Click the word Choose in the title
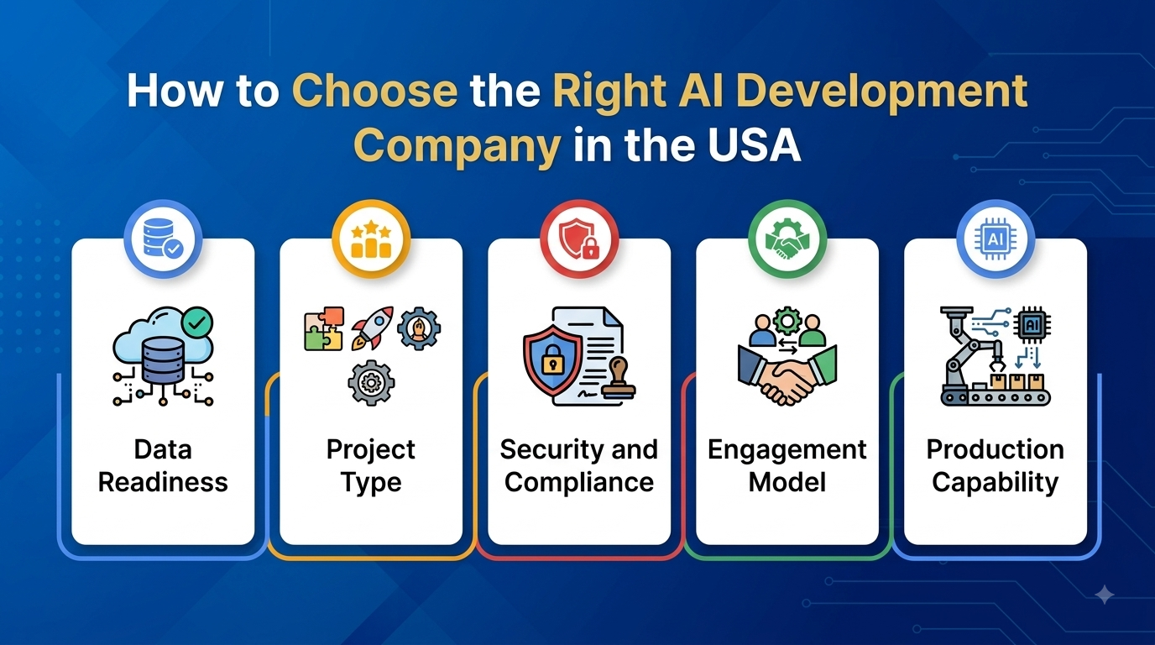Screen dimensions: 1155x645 pos(375,91)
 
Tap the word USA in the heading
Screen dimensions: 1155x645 pos(754,144)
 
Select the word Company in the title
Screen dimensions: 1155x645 pos(457,146)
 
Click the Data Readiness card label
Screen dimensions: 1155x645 pos(163,466)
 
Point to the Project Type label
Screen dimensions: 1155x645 pos(371,466)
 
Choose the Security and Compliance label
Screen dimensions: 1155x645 pos(579,466)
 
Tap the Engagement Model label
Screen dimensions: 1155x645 pos(787,466)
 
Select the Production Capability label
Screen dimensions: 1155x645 pos(996,466)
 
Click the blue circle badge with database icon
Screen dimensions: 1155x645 pos(163,239)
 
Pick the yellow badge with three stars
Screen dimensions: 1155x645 pos(371,239)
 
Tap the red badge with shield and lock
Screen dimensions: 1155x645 pos(579,239)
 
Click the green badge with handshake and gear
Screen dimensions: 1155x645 pos(787,239)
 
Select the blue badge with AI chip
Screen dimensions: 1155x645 pos(996,239)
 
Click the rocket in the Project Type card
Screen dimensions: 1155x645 pos(372,328)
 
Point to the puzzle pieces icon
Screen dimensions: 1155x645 pos(324,329)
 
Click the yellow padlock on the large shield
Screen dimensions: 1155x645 pos(552,359)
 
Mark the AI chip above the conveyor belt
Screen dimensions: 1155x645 pos(1032,325)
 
